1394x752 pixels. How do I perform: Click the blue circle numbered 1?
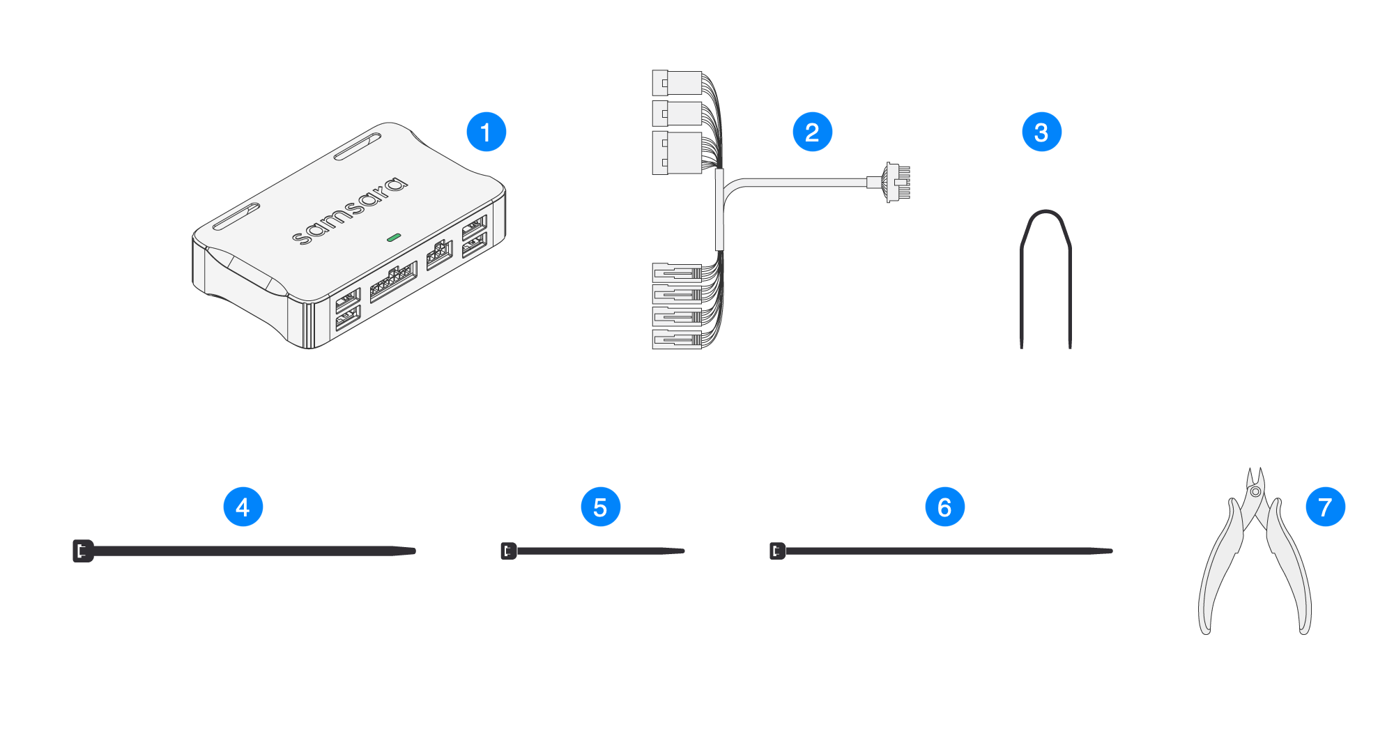pyautogui.click(x=486, y=132)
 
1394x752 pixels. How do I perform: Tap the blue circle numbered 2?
pyautogui.click(x=812, y=132)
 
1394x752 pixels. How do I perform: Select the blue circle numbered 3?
pyautogui.click(x=1041, y=132)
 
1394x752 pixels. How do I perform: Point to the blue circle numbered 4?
pyautogui.click(x=243, y=507)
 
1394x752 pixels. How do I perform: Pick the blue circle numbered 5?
pyautogui.click(x=600, y=507)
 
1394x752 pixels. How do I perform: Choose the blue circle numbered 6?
pyautogui.click(x=944, y=507)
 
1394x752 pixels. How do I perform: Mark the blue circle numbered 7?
pyautogui.click(x=1325, y=507)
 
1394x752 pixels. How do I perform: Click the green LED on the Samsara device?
pyautogui.click(x=393, y=238)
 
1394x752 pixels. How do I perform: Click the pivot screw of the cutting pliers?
pyautogui.click(x=1255, y=492)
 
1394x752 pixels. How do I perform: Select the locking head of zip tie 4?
pyautogui.click(x=83, y=551)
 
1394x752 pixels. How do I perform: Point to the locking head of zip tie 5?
pyautogui.click(x=509, y=551)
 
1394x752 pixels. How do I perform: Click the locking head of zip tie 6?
pyautogui.click(x=777, y=551)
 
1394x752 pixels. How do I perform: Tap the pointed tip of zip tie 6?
pyautogui.click(x=1110, y=551)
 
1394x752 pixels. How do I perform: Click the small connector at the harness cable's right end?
pyautogui.click(x=896, y=182)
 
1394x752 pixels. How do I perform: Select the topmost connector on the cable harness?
pyautogui.click(x=677, y=82)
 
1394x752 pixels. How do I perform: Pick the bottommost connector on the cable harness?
pyautogui.click(x=677, y=339)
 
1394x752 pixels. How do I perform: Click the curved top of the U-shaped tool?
pyautogui.click(x=1045, y=213)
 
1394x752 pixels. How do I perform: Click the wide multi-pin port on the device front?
pyautogui.click(x=393, y=281)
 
